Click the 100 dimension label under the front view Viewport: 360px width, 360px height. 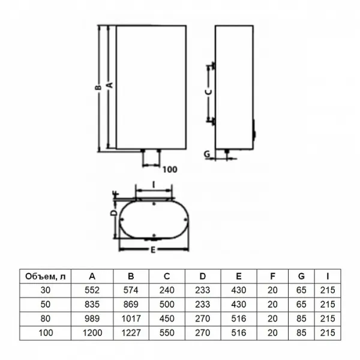(170, 170)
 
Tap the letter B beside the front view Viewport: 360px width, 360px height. (98, 88)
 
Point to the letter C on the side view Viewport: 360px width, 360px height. (208, 92)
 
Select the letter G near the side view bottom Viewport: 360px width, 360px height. (207, 154)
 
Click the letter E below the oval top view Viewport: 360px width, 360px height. (153, 250)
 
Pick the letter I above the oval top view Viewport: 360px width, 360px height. (154, 185)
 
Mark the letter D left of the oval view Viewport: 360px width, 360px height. (113, 213)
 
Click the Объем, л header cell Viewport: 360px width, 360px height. (46, 277)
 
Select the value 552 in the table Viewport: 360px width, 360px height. (92, 290)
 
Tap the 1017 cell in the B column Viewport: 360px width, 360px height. (131, 319)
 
